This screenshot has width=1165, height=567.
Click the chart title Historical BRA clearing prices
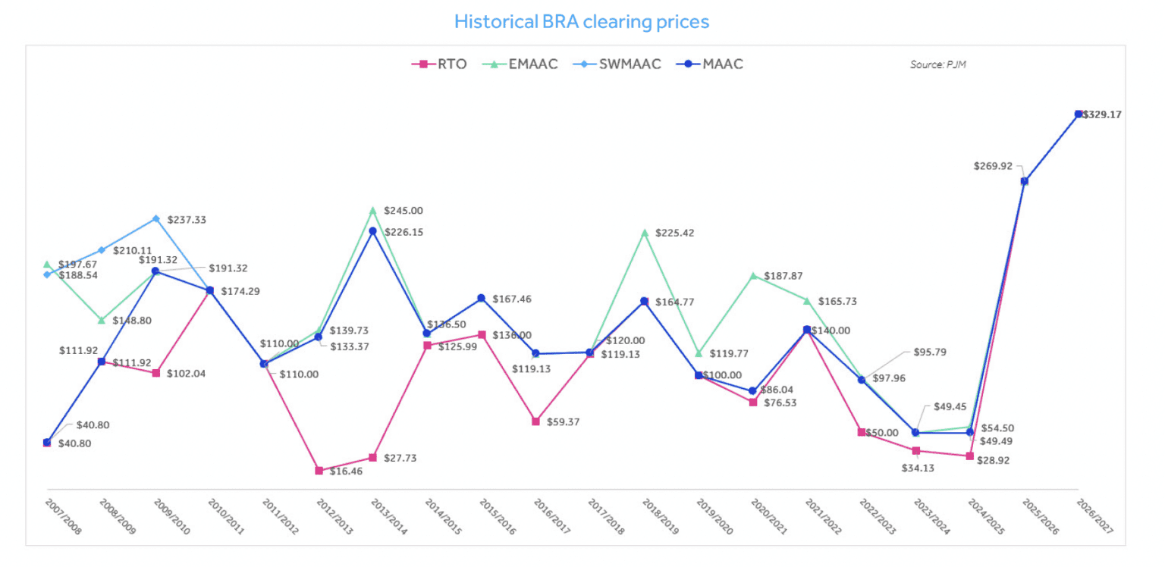click(x=582, y=21)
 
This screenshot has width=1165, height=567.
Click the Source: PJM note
click(x=938, y=65)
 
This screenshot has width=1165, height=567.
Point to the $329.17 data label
click(x=1102, y=115)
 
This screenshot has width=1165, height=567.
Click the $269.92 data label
click(x=994, y=166)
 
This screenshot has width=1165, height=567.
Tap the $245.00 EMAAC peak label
click(x=404, y=211)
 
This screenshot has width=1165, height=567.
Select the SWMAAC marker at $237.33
click(x=156, y=219)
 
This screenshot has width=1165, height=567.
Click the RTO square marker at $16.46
click(x=319, y=471)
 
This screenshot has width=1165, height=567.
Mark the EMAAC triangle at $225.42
click(x=645, y=233)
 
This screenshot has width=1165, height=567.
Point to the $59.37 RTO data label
click(x=563, y=421)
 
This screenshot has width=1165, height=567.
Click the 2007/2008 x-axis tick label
click(x=64, y=517)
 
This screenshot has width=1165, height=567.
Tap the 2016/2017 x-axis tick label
click(x=552, y=517)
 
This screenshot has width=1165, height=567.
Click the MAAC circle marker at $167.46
click(x=482, y=299)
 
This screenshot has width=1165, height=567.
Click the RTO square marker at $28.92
click(x=970, y=456)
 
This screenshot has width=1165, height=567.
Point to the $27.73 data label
click(x=400, y=459)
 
